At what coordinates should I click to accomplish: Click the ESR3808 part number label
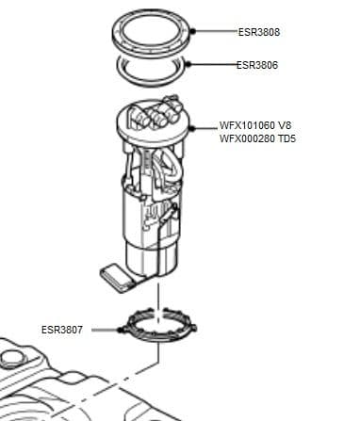tap(258, 33)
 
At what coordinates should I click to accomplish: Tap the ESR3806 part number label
tap(258, 65)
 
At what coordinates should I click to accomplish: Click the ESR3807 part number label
tap(61, 330)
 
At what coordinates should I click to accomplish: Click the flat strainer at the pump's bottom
tap(119, 275)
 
